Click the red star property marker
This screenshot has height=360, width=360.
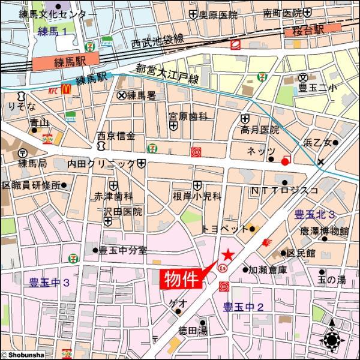pyautogui.click(x=227, y=255)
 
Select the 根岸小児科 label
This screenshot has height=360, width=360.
pyautogui.click(x=197, y=196)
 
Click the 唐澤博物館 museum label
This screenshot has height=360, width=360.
pyautogui.click(x=325, y=231)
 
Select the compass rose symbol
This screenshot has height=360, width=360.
pyautogui.click(x=332, y=340)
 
